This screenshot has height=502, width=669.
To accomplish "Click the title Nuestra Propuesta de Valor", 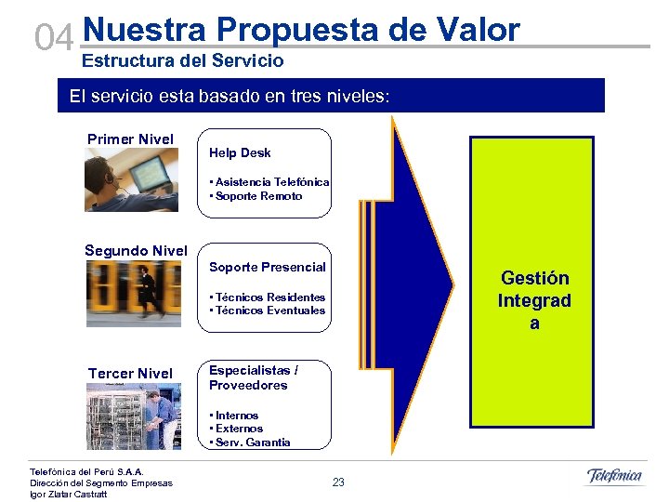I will click(301, 30).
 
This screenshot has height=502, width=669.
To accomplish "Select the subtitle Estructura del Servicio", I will click(183, 61).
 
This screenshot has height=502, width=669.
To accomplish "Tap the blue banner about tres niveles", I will click(331, 96).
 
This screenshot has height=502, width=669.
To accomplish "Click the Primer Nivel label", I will click(130, 139).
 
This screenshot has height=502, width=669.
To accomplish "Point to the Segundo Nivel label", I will click(136, 250).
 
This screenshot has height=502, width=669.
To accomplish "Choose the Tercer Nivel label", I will click(130, 374).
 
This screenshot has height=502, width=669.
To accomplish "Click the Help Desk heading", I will click(240, 152).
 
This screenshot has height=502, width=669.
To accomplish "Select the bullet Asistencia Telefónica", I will click(270, 182).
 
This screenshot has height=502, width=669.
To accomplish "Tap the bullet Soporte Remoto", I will click(256, 196).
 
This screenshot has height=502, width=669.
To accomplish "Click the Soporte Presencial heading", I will click(268, 267).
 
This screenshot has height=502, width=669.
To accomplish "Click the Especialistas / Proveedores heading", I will click(254, 377).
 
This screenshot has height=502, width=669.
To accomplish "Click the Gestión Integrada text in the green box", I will click(533, 300).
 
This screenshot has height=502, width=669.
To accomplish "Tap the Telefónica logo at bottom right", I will click(614, 477).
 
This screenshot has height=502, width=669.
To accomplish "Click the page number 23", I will click(338, 482).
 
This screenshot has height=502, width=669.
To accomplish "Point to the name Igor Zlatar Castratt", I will click(69, 494).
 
